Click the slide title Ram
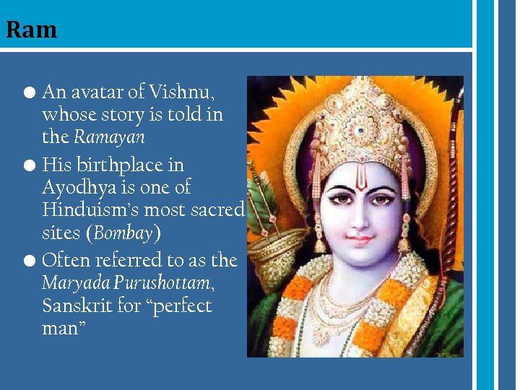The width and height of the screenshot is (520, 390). (x=31, y=30)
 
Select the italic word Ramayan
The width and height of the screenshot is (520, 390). (x=109, y=136)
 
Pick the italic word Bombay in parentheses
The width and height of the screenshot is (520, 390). (x=123, y=233)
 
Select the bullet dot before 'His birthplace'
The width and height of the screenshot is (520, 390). (x=29, y=166)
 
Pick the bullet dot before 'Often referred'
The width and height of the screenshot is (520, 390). (x=29, y=260)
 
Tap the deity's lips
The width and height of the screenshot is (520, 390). (x=360, y=238)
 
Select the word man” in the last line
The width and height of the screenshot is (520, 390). (x=64, y=328)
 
